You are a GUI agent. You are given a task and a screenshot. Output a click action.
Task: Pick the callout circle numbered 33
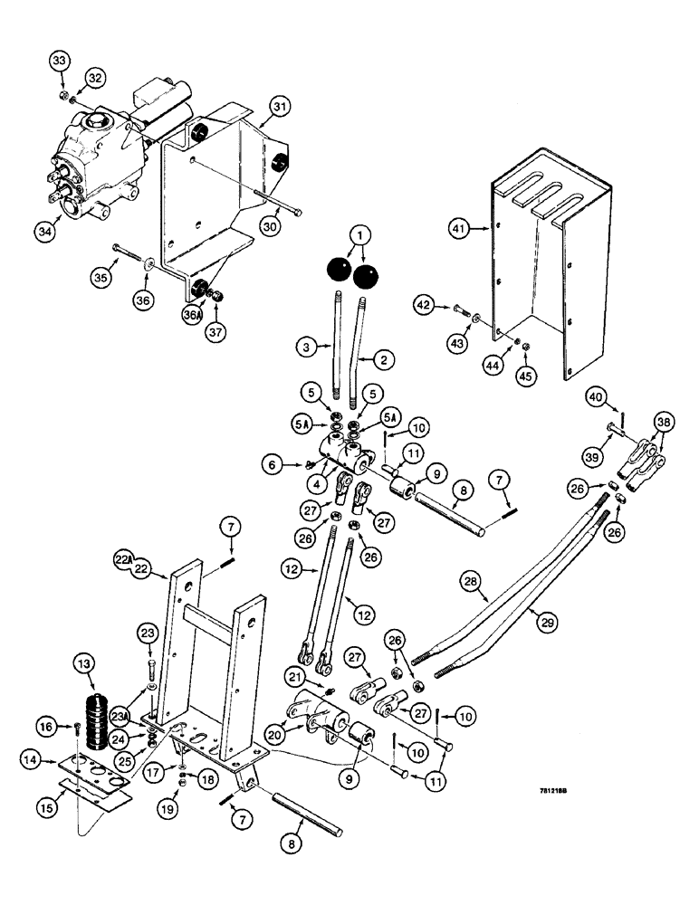pos(60,61)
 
